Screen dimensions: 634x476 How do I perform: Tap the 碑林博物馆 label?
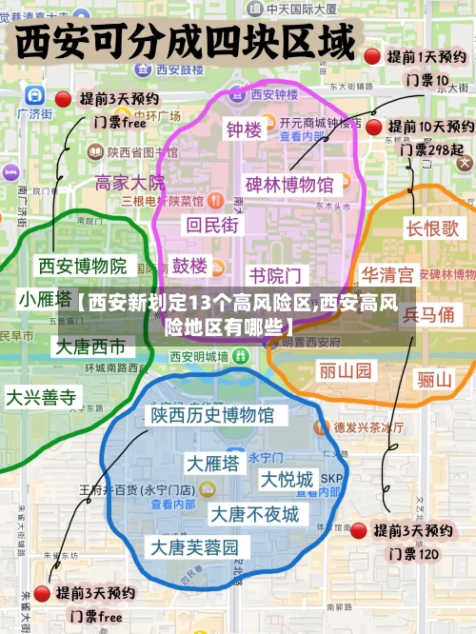[289, 184]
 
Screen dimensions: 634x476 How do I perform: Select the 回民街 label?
[213, 225]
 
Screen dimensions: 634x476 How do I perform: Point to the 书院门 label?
[275, 276]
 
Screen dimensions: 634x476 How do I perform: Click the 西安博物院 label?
[81, 265]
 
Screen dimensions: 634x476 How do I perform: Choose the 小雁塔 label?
[45, 299]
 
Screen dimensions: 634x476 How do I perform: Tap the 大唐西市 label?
[89, 346]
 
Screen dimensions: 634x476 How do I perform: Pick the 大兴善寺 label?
[41, 397]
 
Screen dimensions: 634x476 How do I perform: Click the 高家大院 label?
[130, 183]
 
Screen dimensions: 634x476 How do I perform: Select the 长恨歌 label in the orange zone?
[433, 228]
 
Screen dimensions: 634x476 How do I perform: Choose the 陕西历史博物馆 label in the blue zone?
[211, 415]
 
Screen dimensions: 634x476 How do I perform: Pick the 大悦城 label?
[288, 479]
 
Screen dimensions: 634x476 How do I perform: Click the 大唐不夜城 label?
[254, 515]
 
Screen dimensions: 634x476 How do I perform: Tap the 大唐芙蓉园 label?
[200, 547]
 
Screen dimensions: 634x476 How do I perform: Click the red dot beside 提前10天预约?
[374, 127]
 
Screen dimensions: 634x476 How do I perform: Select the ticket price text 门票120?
[412, 553]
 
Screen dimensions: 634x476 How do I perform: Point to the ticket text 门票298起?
[431, 149]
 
